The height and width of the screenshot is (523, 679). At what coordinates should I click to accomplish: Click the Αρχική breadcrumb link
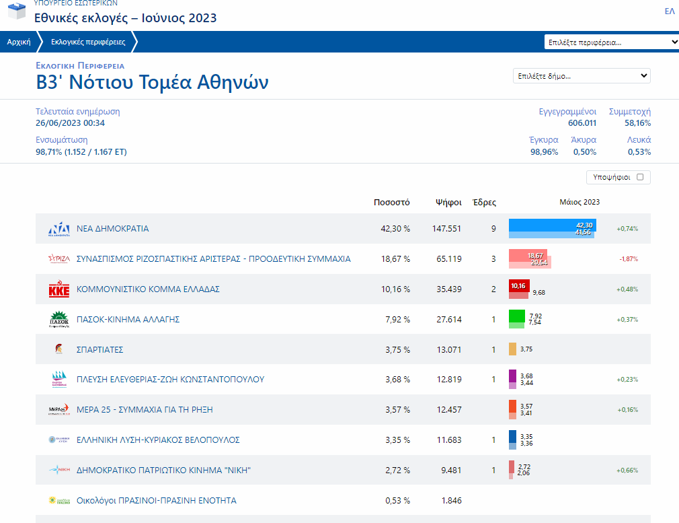point(19,42)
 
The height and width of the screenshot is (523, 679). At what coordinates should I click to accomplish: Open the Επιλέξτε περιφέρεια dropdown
point(612,42)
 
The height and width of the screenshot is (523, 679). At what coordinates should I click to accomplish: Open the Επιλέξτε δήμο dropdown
point(582,76)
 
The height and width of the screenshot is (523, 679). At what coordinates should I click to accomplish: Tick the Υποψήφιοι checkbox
point(640,178)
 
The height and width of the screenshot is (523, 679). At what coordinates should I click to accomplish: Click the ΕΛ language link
point(669,11)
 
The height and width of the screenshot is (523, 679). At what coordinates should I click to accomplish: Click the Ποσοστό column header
point(391,202)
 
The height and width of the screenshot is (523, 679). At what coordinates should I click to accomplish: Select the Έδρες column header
point(484,202)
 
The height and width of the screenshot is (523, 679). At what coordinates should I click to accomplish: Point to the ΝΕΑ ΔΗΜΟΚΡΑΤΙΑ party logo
point(58,229)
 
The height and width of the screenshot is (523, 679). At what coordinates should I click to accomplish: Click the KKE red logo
point(58,289)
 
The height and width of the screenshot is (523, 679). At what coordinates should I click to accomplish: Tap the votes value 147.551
point(446,229)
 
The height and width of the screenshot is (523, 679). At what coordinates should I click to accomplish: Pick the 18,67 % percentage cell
point(395,259)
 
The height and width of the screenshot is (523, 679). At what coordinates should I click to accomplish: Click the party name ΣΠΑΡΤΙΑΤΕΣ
point(99,350)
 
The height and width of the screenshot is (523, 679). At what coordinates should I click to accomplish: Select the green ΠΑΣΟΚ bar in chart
point(516,316)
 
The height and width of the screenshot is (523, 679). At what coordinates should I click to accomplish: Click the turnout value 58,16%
point(637,123)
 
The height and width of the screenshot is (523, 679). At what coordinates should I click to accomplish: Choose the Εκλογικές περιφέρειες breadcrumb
point(88,42)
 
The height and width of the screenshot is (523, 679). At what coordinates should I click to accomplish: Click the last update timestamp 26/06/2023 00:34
point(70,123)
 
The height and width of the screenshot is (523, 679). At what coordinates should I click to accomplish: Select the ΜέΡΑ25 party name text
point(145,410)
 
